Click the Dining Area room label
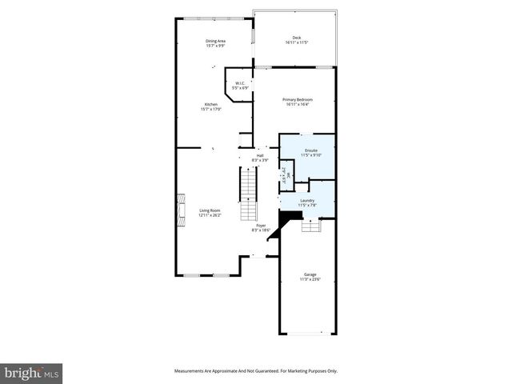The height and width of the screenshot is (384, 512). (x=215, y=40)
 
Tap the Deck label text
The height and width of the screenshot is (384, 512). (x=296, y=38)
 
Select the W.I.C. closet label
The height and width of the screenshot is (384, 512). (x=238, y=83)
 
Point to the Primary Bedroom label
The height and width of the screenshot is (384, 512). (x=298, y=99)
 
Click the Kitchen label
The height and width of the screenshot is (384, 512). (x=211, y=105)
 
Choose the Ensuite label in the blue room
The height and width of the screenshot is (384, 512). (x=310, y=150)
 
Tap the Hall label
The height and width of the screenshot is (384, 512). (x=260, y=155)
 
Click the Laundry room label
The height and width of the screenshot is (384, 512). (x=306, y=201)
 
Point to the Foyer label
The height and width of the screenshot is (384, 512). (x=261, y=226)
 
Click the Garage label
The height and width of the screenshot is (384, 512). (x=310, y=274)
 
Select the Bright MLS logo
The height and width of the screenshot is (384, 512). (x=32, y=372)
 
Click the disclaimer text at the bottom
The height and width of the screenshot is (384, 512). (x=256, y=370)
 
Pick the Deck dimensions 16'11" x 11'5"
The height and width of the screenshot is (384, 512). (x=296, y=42)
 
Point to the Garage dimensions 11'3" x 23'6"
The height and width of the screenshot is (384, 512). (x=310, y=279)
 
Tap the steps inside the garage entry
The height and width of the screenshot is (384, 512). (x=310, y=226)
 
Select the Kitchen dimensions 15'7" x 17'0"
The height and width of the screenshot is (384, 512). (x=211, y=110)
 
